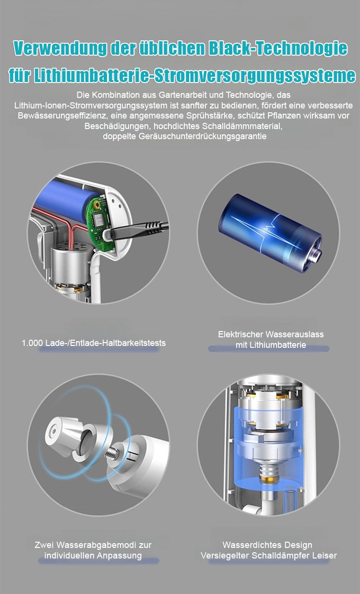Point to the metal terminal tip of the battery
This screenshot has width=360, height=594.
click(x=316, y=256)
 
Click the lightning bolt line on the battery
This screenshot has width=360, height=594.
click(x=269, y=226)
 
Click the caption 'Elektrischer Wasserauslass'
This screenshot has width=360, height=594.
click(x=271, y=334)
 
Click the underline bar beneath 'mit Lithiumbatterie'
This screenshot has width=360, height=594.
click(x=268, y=349)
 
